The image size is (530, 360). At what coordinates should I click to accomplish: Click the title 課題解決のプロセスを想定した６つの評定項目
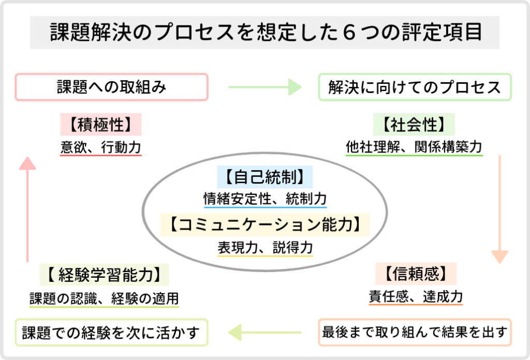click(x=265, y=32)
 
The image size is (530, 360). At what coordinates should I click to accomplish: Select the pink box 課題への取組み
click(x=111, y=87)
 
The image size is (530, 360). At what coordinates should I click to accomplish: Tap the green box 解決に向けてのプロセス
click(x=415, y=87)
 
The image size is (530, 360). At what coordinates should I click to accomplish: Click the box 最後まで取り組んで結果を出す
click(x=415, y=332)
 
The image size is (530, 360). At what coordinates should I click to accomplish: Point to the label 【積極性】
click(x=101, y=125)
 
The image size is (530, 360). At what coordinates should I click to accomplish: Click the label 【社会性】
click(x=414, y=125)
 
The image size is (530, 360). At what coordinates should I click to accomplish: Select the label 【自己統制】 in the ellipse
click(x=265, y=177)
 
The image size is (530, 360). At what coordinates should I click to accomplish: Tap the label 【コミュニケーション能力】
click(x=265, y=225)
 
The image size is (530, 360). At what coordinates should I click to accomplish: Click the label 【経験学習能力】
click(x=104, y=274)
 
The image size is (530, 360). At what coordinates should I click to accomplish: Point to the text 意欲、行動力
click(x=101, y=147)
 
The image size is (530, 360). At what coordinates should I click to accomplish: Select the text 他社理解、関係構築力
click(x=414, y=147)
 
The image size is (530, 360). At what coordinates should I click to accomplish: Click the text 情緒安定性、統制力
click(x=265, y=199)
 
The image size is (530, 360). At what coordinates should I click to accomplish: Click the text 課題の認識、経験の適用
click(x=104, y=298)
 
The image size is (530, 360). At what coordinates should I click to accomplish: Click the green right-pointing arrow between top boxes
click(x=264, y=87)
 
